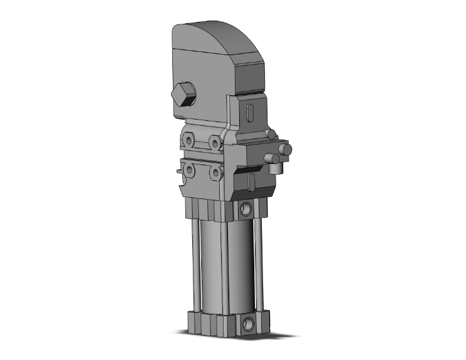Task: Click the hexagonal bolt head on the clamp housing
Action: coord(183,96)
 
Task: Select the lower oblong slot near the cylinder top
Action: coord(251,182)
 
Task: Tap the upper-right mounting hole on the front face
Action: coord(215,143)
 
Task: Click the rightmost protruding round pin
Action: coord(285,150)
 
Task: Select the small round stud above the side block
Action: coord(270,133)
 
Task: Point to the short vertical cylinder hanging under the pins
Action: coord(275,168)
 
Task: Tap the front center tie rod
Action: coord(222,266)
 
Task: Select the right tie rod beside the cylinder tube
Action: coord(257,263)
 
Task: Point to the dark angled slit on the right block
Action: coord(251,168)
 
